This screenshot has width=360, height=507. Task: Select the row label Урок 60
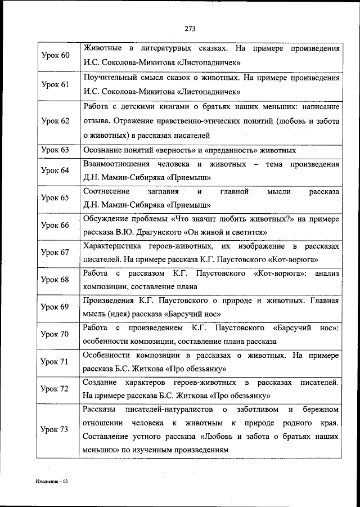click(56, 55)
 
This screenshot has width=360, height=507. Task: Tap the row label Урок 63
click(56, 150)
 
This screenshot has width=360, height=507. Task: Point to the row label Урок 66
click(56, 225)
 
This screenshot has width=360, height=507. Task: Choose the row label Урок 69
click(56, 307)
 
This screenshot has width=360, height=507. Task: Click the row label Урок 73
click(56, 429)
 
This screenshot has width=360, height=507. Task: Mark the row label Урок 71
click(56, 361)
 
